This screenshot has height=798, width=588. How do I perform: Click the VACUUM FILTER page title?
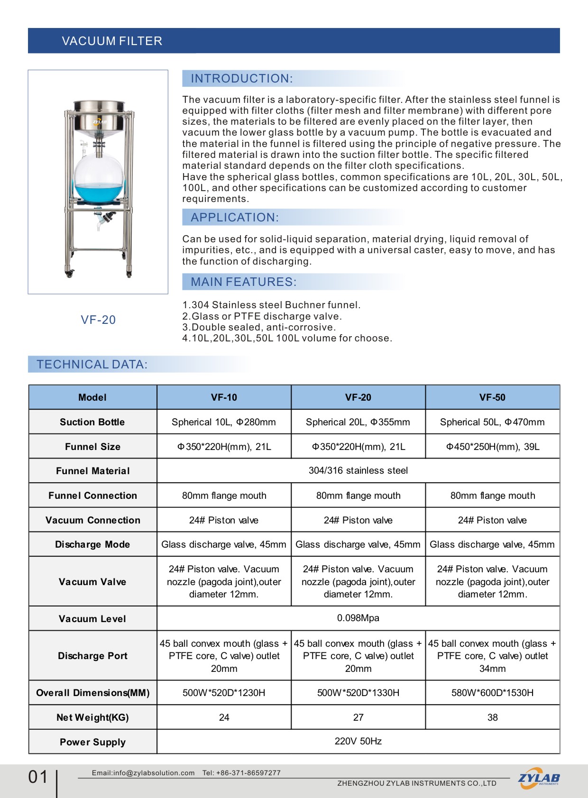[x=112, y=41]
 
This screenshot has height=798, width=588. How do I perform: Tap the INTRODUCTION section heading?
[x=241, y=79]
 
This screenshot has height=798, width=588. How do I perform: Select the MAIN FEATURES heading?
[x=243, y=282]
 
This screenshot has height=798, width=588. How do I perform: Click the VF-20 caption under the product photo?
[x=98, y=320]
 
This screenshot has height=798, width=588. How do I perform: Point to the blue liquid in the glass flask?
[x=99, y=193]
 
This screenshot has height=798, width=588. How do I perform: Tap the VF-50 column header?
[x=492, y=397]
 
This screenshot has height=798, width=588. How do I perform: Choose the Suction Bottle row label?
[x=92, y=422]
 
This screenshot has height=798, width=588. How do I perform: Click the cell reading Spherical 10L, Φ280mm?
[x=224, y=422]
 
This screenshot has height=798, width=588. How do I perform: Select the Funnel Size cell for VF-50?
[x=492, y=447]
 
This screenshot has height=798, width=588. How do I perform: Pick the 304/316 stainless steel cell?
[x=358, y=471]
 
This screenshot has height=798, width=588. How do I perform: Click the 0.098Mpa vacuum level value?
[x=358, y=618]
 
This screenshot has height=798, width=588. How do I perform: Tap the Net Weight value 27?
[x=358, y=717]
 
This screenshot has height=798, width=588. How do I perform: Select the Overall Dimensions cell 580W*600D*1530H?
[x=492, y=693]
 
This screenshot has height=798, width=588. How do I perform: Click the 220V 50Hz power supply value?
[x=358, y=742]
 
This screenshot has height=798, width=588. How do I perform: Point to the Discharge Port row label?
[x=92, y=656]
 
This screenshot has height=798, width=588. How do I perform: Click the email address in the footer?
[x=143, y=773]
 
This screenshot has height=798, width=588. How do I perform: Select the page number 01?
[x=38, y=777]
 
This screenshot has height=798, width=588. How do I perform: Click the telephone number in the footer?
[x=242, y=773]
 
